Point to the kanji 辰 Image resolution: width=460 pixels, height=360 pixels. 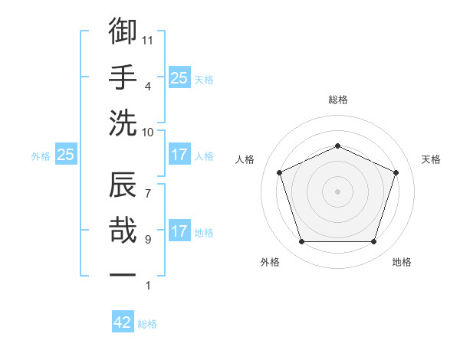[123, 186]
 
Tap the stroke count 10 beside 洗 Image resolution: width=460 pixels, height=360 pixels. [148, 131]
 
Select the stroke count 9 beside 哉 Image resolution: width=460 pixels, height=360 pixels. [148, 240]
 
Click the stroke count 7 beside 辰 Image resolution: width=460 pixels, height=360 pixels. [148, 185]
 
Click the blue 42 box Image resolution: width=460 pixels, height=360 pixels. [123, 322]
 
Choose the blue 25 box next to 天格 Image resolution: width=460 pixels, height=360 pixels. [179, 77]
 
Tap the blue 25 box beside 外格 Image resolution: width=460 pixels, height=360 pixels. [65, 155]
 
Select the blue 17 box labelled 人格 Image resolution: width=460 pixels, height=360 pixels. [179, 155]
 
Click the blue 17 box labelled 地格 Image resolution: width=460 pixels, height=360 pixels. [179, 231]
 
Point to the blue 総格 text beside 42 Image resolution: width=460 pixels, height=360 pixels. [147, 324]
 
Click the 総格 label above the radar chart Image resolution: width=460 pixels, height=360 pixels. [337, 100]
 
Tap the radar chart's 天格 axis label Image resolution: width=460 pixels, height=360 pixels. [431, 159]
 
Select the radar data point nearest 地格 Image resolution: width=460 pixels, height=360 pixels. [373, 242]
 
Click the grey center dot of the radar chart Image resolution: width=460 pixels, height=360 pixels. [337, 191]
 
